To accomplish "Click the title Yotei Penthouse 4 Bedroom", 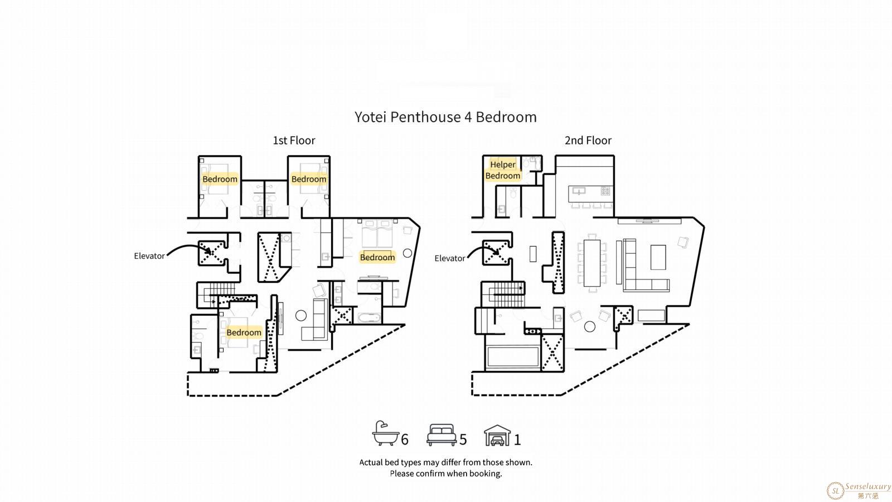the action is pyautogui.click(x=445, y=117).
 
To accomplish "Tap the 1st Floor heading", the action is pyautogui.click(x=294, y=140).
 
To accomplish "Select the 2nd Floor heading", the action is pyautogui.click(x=588, y=140).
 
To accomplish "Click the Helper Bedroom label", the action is pyautogui.click(x=502, y=170).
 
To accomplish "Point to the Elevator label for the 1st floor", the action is pyautogui.click(x=149, y=256).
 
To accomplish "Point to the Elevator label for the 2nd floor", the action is pyautogui.click(x=449, y=258).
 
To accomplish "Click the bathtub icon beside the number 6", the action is pyautogui.click(x=385, y=433).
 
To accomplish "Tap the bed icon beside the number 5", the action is pyautogui.click(x=441, y=435).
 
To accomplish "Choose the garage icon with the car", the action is pyautogui.click(x=497, y=435).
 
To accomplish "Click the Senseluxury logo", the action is pyautogui.click(x=859, y=490).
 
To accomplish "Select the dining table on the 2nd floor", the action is pyautogui.click(x=592, y=263).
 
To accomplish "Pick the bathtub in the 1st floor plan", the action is pyautogui.click(x=369, y=317).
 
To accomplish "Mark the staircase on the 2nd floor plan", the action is pyautogui.click(x=502, y=294).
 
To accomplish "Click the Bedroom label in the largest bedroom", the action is pyautogui.click(x=377, y=257).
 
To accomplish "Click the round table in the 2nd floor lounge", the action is pyautogui.click(x=589, y=327).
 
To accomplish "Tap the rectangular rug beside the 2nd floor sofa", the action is pyautogui.click(x=658, y=257).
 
